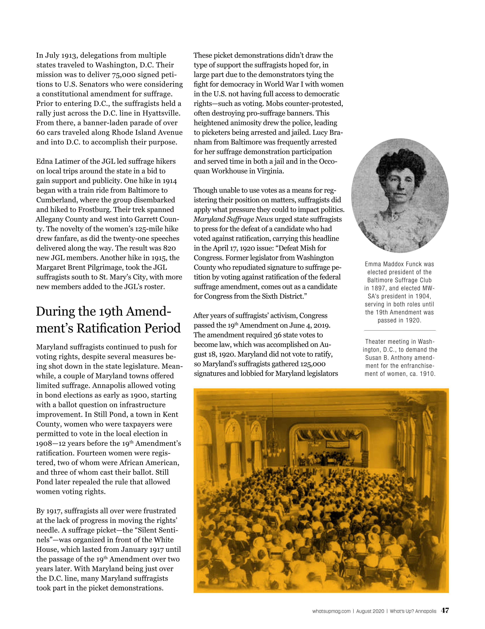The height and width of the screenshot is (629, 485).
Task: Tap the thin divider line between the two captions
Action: [400, 330]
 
